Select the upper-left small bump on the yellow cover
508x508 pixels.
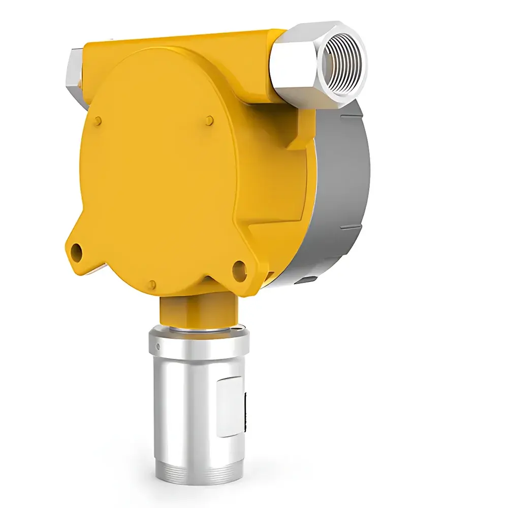click(98, 120)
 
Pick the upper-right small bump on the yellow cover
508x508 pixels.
click(210, 120)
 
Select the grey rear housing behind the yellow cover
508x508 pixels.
click(340, 193)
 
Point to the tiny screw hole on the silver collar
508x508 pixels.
click(158, 347)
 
